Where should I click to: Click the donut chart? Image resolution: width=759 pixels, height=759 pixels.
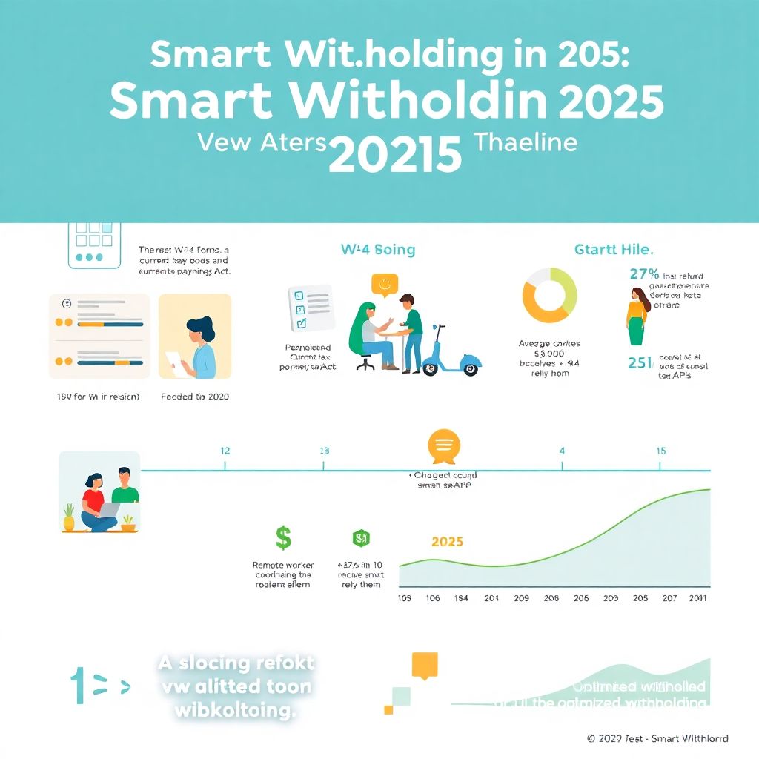coord(550,295)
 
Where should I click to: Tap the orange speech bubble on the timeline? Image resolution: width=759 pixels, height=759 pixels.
coord(445,445)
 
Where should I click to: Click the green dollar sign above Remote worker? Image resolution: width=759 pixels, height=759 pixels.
coord(282,537)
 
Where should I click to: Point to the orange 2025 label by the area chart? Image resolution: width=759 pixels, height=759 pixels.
coord(447,542)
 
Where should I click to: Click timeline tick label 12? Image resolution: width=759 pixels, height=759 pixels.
coord(225,451)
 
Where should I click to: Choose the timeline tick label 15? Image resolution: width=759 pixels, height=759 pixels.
coord(661,451)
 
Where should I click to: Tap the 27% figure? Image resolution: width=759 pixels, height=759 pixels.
coord(644,274)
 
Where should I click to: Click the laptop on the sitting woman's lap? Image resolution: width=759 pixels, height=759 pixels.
coord(107,510)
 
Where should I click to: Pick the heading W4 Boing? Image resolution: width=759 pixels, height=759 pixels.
coord(378,250)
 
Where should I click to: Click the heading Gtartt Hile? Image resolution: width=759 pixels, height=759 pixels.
coord(614,250)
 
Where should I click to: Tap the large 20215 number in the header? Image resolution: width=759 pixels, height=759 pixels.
coord(395,153)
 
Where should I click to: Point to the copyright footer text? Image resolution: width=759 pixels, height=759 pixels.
coord(657,738)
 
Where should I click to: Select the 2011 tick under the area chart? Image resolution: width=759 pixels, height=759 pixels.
coord(697,598)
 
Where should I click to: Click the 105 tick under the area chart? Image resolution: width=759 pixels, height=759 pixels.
coord(405,598)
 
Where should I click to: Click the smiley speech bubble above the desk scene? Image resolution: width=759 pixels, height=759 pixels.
coord(385,285)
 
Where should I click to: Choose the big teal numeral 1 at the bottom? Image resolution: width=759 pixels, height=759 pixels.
coord(77,686)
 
